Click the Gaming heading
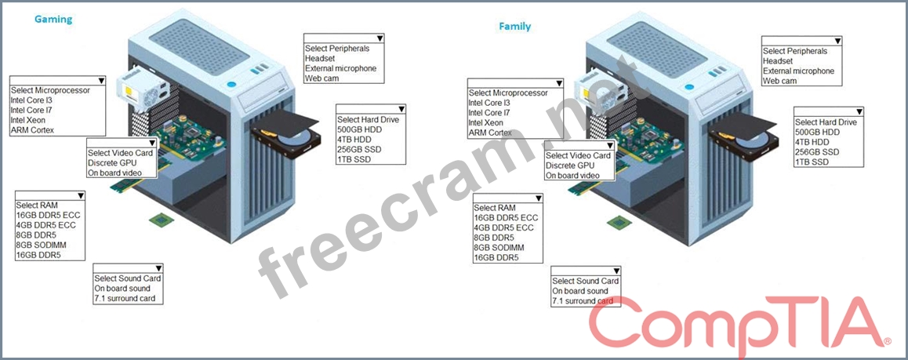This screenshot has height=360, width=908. point(53,20)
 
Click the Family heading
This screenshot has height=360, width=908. point(514,27)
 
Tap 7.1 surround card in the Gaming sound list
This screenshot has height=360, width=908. point(125,299)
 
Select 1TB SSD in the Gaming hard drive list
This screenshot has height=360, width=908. point(353,160)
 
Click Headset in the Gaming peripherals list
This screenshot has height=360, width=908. point(320,58)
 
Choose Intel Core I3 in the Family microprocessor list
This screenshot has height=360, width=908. point(489,103)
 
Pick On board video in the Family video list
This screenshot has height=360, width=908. point(572,176)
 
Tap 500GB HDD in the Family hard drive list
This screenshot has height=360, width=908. point(816,132)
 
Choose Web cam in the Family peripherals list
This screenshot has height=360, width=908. point(779,81)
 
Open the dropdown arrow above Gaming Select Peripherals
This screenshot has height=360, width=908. point(380,38)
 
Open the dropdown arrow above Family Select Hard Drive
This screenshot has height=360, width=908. point(859,112)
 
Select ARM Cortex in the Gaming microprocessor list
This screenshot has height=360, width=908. point(31,130)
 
